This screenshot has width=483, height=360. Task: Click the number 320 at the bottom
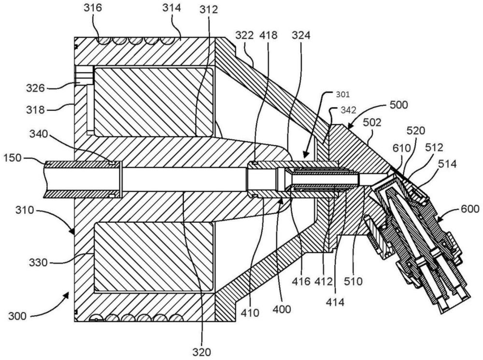coord(201,352)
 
